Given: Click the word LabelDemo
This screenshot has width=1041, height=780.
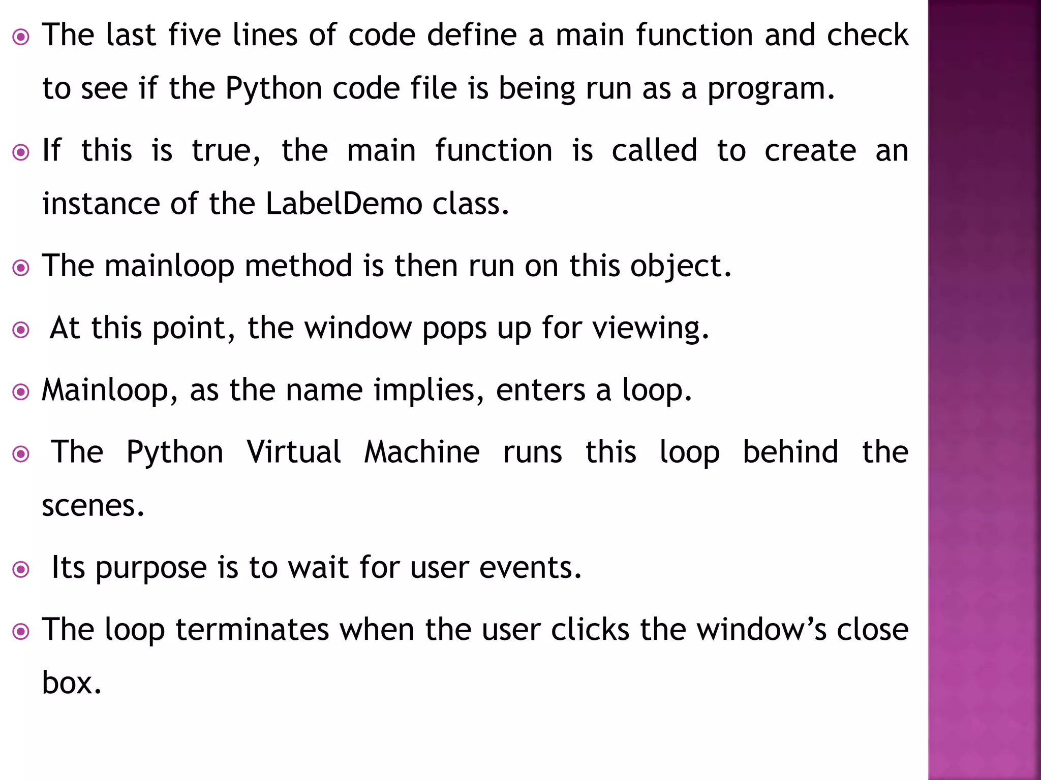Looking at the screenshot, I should pos(344,204).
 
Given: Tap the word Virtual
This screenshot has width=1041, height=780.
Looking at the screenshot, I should pos(294,452).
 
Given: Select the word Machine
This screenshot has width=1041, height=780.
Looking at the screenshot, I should pos(422,452).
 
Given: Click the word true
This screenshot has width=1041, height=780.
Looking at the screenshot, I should pos(226,151).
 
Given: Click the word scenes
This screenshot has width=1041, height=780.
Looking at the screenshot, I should pos(93,506).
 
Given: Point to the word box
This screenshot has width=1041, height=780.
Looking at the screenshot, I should pos(71,683).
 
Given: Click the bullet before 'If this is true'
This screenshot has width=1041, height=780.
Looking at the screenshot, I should pos(21,152).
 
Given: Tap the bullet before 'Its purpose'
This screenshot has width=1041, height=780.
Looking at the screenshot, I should pos(21,569).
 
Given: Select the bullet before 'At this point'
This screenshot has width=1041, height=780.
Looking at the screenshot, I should pos(21,330).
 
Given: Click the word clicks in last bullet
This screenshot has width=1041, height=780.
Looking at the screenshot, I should pos(590,630).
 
